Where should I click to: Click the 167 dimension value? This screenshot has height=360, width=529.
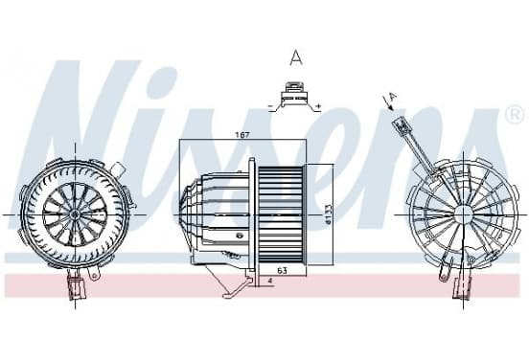(x=242, y=135)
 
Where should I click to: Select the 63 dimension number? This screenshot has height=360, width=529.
(x=282, y=270)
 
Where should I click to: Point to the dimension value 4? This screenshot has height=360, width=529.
(x=269, y=281)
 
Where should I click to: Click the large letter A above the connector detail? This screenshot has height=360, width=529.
(x=296, y=57)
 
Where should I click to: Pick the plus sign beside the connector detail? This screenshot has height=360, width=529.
(x=318, y=106)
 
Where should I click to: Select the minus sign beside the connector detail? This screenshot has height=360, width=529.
(x=270, y=106)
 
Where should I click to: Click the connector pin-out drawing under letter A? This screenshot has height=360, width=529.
(x=295, y=96)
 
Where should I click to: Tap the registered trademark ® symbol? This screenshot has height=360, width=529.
(x=515, y=115)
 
